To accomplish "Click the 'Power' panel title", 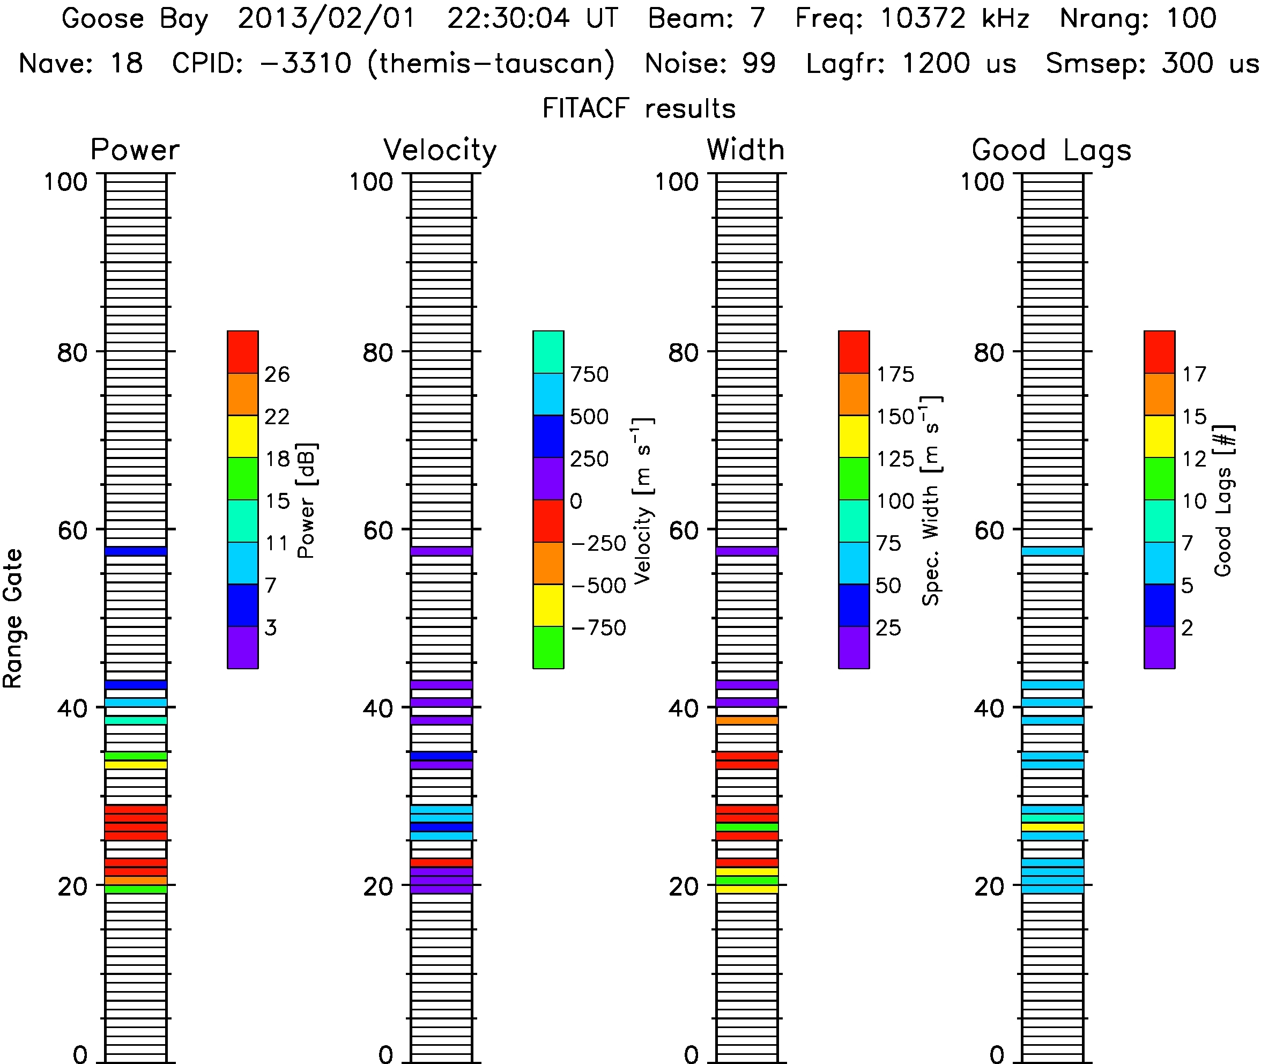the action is pyautogui.click(x=135, y=150).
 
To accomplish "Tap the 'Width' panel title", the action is pyautogui.click(x=746, y=150).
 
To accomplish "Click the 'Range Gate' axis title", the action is pyautogui.click(x=13, y=619).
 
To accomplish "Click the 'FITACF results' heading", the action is pyautogui.click(x=639, y=108).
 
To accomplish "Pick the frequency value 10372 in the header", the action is pyautogui.click(x=923, y=18).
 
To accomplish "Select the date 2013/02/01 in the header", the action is pyautogui.click(x=327, y=19).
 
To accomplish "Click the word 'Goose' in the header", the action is pyautogui.click(x=103, y=18).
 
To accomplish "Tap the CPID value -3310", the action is pyautogui.click(x=306, y=63).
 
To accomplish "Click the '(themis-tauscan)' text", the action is pyautogui.click(x=492, y=64).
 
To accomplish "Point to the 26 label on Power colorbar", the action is pyautogui.click(x=277, y=374).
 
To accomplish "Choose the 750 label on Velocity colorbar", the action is pyautogui.click(x=590, y=374).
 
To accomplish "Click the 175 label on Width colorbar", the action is pyautogui.click(x=895, y=374).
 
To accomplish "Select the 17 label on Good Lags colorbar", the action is pyautogui.click(x=1194, y=374).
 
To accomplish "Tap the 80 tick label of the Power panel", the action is pyautogui.click(x=72, y=353).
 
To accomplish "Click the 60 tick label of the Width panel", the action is pyautogui.click(x=684, y=531).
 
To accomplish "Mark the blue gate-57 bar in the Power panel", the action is pyautogui.click(x=136, y=551).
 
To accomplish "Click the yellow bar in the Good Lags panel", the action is pyautogui.click(x=1052, y=827).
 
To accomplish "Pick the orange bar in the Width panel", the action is pyautogui.click(x=747, y=720).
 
